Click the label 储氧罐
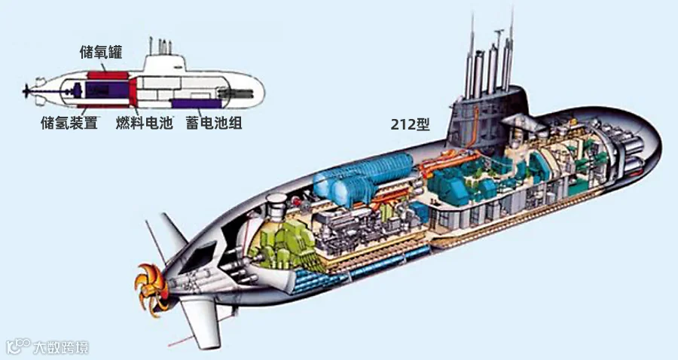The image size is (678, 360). click(100, 52)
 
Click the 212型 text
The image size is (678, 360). click(411, 124)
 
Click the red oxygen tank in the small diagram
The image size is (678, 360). click(108, 75)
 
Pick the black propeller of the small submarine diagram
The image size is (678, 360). click(28, 91)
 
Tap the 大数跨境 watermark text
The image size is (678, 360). click(61, 347)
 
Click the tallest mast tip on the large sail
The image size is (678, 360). click(512, 10)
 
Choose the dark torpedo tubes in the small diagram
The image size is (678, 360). click(236, 93)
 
